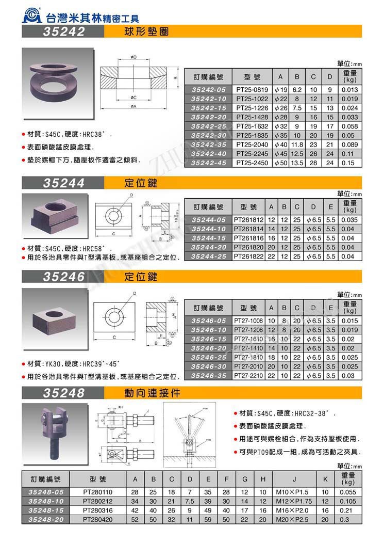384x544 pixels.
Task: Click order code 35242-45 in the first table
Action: click(x=209, y=163)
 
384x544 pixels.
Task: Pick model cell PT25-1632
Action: click(x=253, y=126)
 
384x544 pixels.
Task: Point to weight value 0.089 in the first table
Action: click(x=349, y=145)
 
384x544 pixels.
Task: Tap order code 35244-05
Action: click(x=209, y=219)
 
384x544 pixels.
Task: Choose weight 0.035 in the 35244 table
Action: click(x=349, y=219)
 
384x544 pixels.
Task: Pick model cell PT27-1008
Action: click(x=248, y=321)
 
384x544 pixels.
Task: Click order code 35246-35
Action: click(x=209, y=375)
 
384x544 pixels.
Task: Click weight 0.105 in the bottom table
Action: click(x=349, y=501)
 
